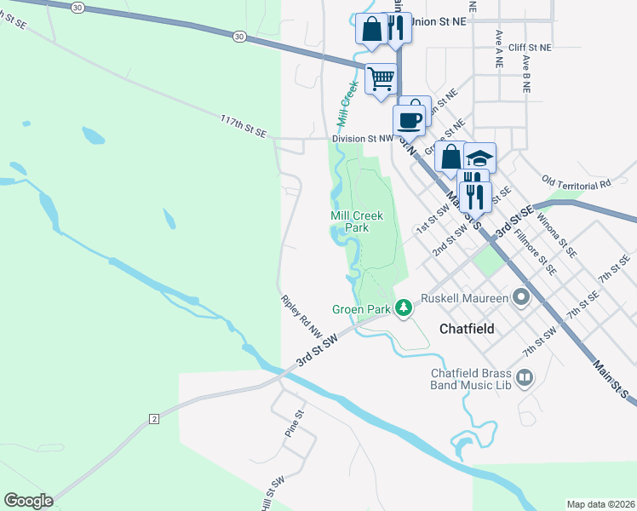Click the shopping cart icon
pyautogui.click(x=381, y=78)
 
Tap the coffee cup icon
pyautogui.click(x=410, y=119)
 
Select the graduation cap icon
pyautogui.click(x=480, y=158)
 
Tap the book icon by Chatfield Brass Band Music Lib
pyautogui.click(x=525, y=376)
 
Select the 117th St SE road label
pyautogui.click(x=244, y=126)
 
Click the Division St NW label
pyautogui.click(x=363, y=137)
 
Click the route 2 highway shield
pyautogui.click(x=154, y=418)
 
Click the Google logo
pyautogui.click(x=28, y=501)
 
